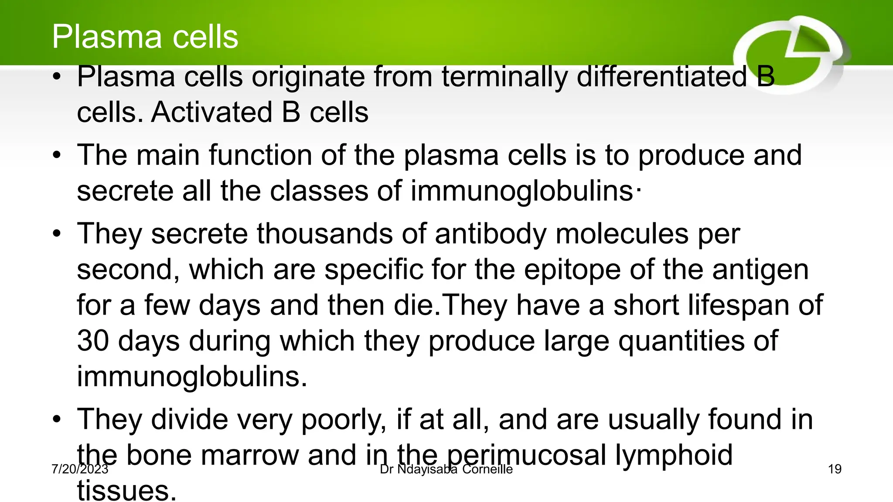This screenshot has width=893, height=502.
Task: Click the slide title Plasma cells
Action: tap(145, 37)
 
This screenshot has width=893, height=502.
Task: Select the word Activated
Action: tap(212, 112)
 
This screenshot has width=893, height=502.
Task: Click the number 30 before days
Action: tap(92, 341)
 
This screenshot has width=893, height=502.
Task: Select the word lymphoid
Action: tap(674, 456)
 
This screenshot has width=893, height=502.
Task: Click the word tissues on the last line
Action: tap(126, 491)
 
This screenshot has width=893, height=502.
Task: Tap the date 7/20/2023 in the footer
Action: tap(79, 469)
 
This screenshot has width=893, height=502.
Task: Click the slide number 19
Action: tap(834, 469)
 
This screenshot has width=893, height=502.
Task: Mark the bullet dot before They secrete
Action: tap(57, 234)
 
